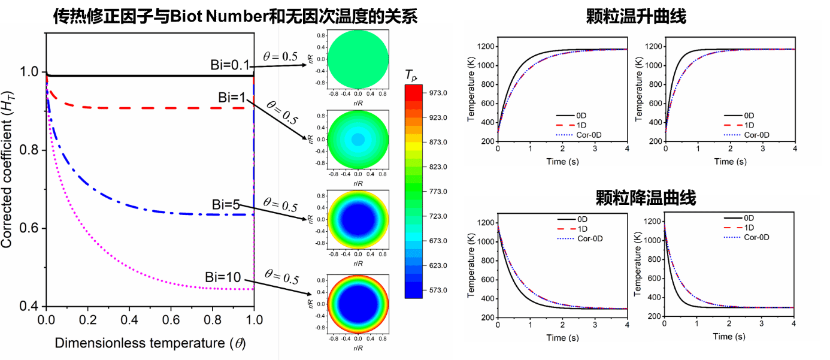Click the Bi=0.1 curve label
coord(230,65)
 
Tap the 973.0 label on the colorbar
coord(435,93)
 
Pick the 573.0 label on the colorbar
coord(435,290)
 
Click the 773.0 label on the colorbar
coord(435,192)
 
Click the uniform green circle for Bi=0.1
coord(358,59)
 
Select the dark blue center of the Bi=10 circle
coord(358,304)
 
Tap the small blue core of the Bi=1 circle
coord(358,140)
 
